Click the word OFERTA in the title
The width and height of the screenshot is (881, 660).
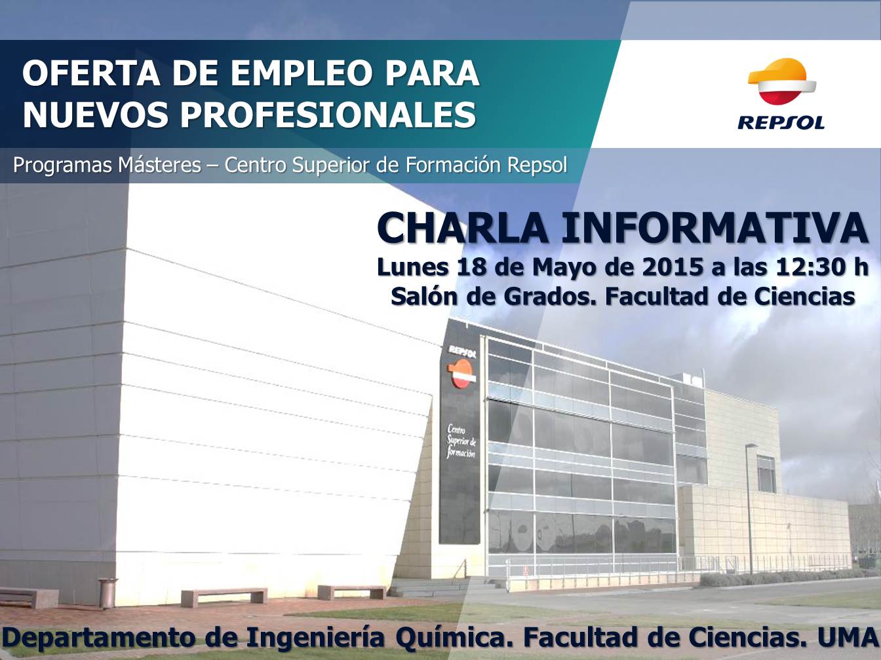pos(91,73)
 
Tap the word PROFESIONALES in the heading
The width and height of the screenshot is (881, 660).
pos(328,115)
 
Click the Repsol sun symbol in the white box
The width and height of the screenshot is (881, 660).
pos(781,82)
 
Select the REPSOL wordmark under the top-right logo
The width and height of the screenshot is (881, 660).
pos(781,122)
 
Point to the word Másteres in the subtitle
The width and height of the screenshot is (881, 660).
pos(159,165)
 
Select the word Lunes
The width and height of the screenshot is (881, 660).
pos(412,267)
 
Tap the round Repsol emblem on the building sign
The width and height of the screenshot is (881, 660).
pos(462,373)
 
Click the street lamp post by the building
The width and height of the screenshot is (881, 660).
pos(749,509)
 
